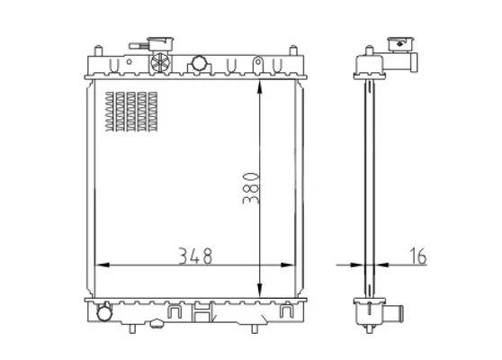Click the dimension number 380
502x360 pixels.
pos(251,188)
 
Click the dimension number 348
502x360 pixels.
pos(195,256)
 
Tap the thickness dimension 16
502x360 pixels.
pos(418,256)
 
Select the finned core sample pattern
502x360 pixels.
pos(131,112)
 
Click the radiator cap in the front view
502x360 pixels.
pos(160,43)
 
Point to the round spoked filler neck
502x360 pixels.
pos(159,61)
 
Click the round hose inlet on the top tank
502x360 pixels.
pos(199,64)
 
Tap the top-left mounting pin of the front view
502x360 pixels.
pos(98,50)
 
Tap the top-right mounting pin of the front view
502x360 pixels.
pos(293,50)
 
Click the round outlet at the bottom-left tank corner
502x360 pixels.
pos(104,312)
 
